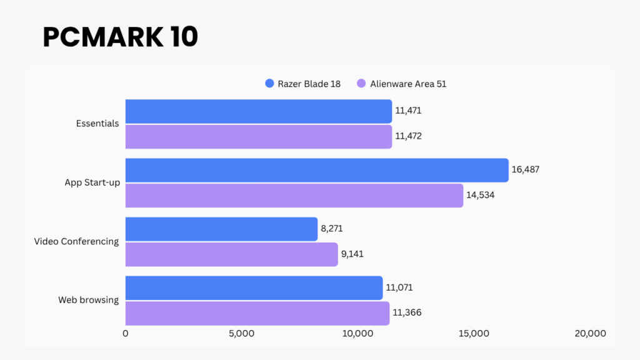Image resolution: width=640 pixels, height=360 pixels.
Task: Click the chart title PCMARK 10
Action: tap(120, 37)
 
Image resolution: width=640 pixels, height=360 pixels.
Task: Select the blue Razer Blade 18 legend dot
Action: tap(270, 84)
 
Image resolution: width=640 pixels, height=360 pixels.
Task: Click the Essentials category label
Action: tap(97, 124)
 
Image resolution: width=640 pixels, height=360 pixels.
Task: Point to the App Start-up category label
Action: tap(92, 182)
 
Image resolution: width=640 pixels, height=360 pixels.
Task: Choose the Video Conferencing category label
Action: tap(76, 241)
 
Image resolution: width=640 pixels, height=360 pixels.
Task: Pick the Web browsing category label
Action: tap(88, 300)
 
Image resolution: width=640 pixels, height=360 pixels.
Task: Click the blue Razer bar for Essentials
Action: tap(258, 111)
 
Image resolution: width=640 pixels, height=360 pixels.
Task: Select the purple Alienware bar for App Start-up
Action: tap(294, 196)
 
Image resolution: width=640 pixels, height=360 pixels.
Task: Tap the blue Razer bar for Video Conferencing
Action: tap(221, 229)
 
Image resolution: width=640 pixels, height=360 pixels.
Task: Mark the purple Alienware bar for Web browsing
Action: tap(257, 313)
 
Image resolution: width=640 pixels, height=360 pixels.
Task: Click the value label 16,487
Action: tap(525, 170)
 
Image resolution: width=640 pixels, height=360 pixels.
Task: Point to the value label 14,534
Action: tap(480, 196)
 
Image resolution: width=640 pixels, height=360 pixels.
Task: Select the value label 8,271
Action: tap(331, 229)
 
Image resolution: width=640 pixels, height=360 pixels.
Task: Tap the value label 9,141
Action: tap(352, 254)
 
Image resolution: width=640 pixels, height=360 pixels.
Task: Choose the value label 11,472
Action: tap(408, 136)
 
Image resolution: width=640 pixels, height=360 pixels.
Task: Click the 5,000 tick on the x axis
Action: tap(241, 334)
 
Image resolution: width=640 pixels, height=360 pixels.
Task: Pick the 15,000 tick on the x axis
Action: tap(474, 334)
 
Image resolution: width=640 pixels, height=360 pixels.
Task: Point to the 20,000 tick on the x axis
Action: tap(590, 334)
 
